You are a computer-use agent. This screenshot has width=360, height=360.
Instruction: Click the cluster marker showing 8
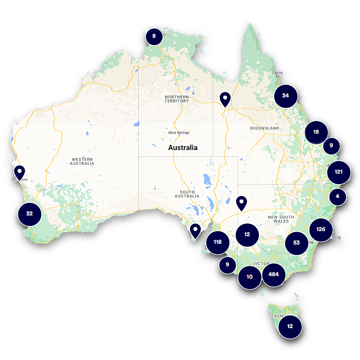pyautogui.click(x=154, y=36)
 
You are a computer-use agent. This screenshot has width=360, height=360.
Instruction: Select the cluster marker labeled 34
pyautogui.click(x=285, y=96)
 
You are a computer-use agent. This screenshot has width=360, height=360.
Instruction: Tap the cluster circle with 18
pyautogui.click(x=316, y=132)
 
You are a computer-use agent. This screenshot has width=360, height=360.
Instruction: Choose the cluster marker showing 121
pyautogui.click(x=339, y=172)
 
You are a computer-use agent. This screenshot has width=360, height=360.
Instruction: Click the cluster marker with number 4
pyautogui.click(x=337, y=196)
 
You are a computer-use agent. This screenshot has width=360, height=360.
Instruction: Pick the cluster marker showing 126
pyautogui.click(x=321, y=230)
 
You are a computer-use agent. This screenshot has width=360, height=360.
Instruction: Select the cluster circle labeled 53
pyautogui.click(x=296, y=243)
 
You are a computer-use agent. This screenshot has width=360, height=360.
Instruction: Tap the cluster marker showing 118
pyautogui.click(x=217, y=242)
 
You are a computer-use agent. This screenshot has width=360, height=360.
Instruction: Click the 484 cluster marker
pyautogui.click(x=273, y=275)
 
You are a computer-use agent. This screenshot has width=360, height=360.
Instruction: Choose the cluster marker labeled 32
pyautogui.click(x=30, y=214)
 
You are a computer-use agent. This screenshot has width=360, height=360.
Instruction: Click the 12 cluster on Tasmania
pyautogui.click(x=290, y=326)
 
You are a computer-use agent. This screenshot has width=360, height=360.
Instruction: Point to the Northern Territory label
pyautogui.click(x=177, y=99)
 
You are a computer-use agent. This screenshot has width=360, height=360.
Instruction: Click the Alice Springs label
pyautogui.click(x=179, y=133)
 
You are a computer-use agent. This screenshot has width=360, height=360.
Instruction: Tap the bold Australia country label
pyautogui.click(x=183, y=147)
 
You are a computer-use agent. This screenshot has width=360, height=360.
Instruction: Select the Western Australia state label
pyautogui.click(x=82, y=162)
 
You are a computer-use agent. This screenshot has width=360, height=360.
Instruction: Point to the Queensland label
pyautogui.click(x=264, y=128)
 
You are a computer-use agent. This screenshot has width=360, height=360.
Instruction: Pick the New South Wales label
pyautogui.click(x=281, y=219)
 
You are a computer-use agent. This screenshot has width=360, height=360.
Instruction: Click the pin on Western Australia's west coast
pyautogui.click(x=19, y=172)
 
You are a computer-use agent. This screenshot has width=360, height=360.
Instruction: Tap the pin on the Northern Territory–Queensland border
pyautogui.click(x=225, y=99)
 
